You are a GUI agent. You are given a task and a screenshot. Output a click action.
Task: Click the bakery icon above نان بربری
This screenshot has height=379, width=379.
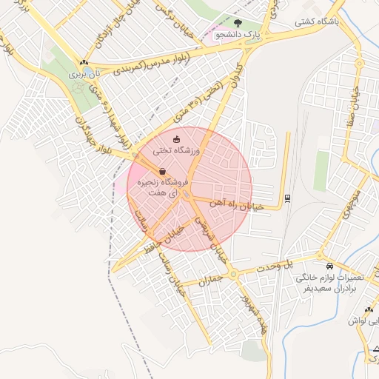(84, 64)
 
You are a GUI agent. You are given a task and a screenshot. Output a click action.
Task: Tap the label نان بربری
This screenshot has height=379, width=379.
(84, 74)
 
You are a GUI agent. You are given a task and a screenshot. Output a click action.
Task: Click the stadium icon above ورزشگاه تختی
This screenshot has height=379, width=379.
(176, 139)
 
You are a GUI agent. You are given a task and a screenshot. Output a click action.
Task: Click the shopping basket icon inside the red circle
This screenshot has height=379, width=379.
(162, 171)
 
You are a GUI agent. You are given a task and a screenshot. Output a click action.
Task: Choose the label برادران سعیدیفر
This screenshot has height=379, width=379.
(330, 289)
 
